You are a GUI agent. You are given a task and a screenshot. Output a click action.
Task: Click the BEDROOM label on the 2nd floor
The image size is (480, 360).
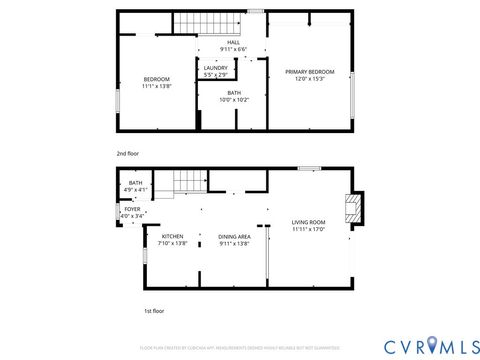click(x=156, y=79)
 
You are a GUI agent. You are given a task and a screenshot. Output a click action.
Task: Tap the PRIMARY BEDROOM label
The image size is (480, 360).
click(x=309, y=72)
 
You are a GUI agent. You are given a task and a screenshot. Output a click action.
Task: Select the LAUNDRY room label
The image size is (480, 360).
click(x=215, y=68)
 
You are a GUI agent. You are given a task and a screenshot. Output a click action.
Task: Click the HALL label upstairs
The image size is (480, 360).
click(x=233, y=42)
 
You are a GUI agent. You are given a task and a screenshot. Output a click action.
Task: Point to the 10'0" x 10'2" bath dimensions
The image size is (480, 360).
click(x=233, y=100)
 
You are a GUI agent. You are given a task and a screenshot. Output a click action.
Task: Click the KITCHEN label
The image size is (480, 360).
click(x=172, y=236)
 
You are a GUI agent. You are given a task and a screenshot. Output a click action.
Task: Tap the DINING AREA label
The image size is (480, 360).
click(x=233, y=236)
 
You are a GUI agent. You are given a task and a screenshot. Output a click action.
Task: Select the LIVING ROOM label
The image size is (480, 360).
click(x=308, y=222)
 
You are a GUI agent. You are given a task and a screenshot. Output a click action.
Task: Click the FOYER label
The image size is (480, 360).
click(x=132, y=209)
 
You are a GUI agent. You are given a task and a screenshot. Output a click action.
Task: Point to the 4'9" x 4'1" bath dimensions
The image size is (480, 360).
click(x=135, y=190)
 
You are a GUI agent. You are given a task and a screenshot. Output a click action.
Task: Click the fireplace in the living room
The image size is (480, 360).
click(x=351, y=208)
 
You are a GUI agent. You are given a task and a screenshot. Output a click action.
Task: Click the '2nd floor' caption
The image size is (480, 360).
click(x=127, y=153)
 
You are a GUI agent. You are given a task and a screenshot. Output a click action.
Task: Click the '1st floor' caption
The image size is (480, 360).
click(x=126, y=311)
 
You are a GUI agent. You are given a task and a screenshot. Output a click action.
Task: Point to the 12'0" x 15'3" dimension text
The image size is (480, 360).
click(x=309, y=79)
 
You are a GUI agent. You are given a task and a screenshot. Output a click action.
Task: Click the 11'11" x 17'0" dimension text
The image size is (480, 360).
click(x=308, y=229)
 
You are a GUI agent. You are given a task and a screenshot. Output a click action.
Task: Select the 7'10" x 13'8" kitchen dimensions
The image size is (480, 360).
click(x=172, y=243)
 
